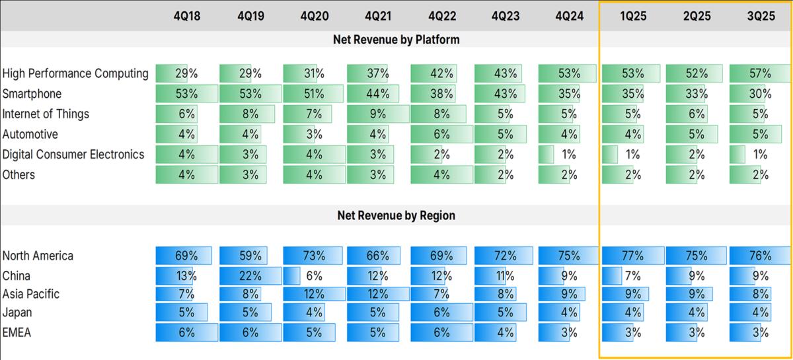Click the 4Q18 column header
(186, 16)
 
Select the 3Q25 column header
(761, 16)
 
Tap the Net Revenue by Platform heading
(397, 40)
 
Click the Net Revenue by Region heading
(397, 215)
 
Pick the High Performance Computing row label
(75, 73)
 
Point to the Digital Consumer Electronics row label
(73, 155)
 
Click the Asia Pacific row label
(31, 294)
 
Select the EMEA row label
(17, 333)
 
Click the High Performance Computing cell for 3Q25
(761, 73)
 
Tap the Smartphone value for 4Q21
(378, 94)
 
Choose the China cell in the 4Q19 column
(250, 275)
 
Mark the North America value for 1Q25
(633, 256)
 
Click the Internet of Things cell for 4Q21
(378, 114)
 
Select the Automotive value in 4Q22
(441, 134)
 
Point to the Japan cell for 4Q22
(441, 313)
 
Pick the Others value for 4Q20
(314, 175)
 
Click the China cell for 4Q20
(314, 275)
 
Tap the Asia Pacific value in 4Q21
(378, 294)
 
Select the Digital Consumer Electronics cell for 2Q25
(697, 155)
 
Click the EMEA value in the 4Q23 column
(506, 333)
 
